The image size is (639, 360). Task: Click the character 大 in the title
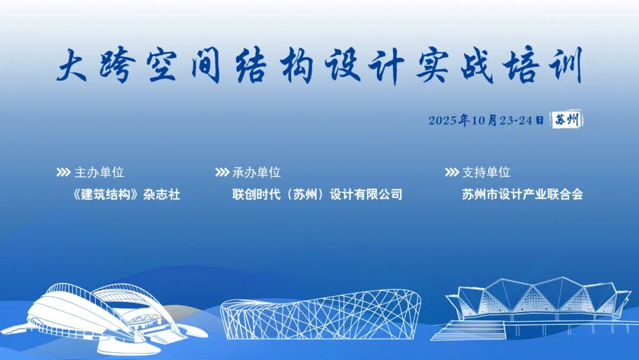tap(72, 65)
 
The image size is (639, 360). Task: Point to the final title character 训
tap(566, 65)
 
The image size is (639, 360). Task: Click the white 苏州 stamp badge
tap(567, 120)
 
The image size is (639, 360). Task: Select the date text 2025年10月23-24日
tap(486, 120)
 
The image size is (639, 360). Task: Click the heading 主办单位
tap(99, 172)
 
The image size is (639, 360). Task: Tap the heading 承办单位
tap(256, 172)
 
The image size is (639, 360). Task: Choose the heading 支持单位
tap(486, 172)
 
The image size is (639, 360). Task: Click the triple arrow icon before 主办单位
tap(63, 172)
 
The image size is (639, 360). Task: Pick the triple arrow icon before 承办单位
tap(222, 172)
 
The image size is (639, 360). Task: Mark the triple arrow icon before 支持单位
tap(452, 172)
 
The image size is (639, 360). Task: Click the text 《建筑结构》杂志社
tap(126, 194)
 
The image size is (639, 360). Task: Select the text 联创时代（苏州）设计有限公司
tap(317, 194)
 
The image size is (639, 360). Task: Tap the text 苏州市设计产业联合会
tap(522, 194)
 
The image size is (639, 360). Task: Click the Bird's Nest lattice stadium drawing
tap(320, 314)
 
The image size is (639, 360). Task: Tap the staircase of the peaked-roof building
tap(469, 330)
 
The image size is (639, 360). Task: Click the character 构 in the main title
tap(296, 65)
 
